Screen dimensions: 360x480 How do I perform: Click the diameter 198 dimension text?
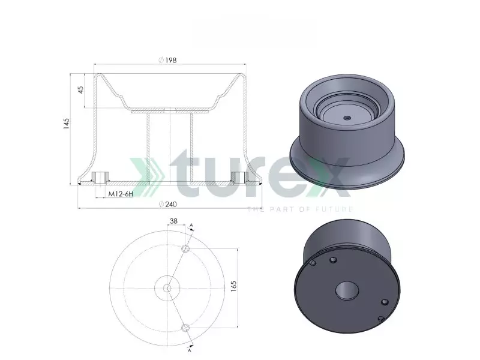click(169, 60)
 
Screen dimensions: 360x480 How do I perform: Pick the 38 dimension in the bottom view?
click(173, 221)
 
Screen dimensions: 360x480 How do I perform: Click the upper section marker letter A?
click(192, 225)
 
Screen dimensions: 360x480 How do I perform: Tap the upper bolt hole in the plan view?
click(186, 248)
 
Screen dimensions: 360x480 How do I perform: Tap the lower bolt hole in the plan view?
click(186, 327)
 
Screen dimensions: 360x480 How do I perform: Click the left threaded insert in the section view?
click(100, 178)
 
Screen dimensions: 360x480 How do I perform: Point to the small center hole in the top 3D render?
click(346, 118)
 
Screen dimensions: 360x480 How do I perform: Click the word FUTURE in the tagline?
click(338, 209)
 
